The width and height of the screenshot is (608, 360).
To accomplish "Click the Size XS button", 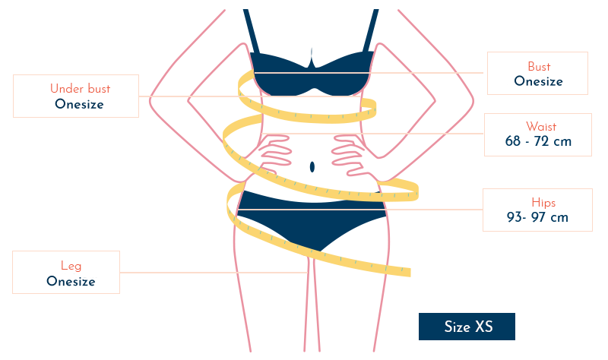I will tap(467, 327).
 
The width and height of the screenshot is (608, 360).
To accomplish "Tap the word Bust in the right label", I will tap(538, 67).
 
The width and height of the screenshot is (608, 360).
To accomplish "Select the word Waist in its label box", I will tap(538, 125).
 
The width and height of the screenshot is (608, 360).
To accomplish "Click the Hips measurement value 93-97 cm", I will tap(538, 218).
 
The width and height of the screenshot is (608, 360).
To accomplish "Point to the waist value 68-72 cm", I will tap(538, 141).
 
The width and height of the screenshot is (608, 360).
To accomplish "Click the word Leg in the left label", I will tap(72, 265).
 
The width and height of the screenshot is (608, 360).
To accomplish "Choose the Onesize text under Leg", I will tap(71, 282).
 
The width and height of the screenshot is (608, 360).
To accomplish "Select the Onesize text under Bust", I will tap(538, 81).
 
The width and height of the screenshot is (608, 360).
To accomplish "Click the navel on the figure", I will tap(312, 166).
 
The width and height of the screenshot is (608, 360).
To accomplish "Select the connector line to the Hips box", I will tap(433, 210).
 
